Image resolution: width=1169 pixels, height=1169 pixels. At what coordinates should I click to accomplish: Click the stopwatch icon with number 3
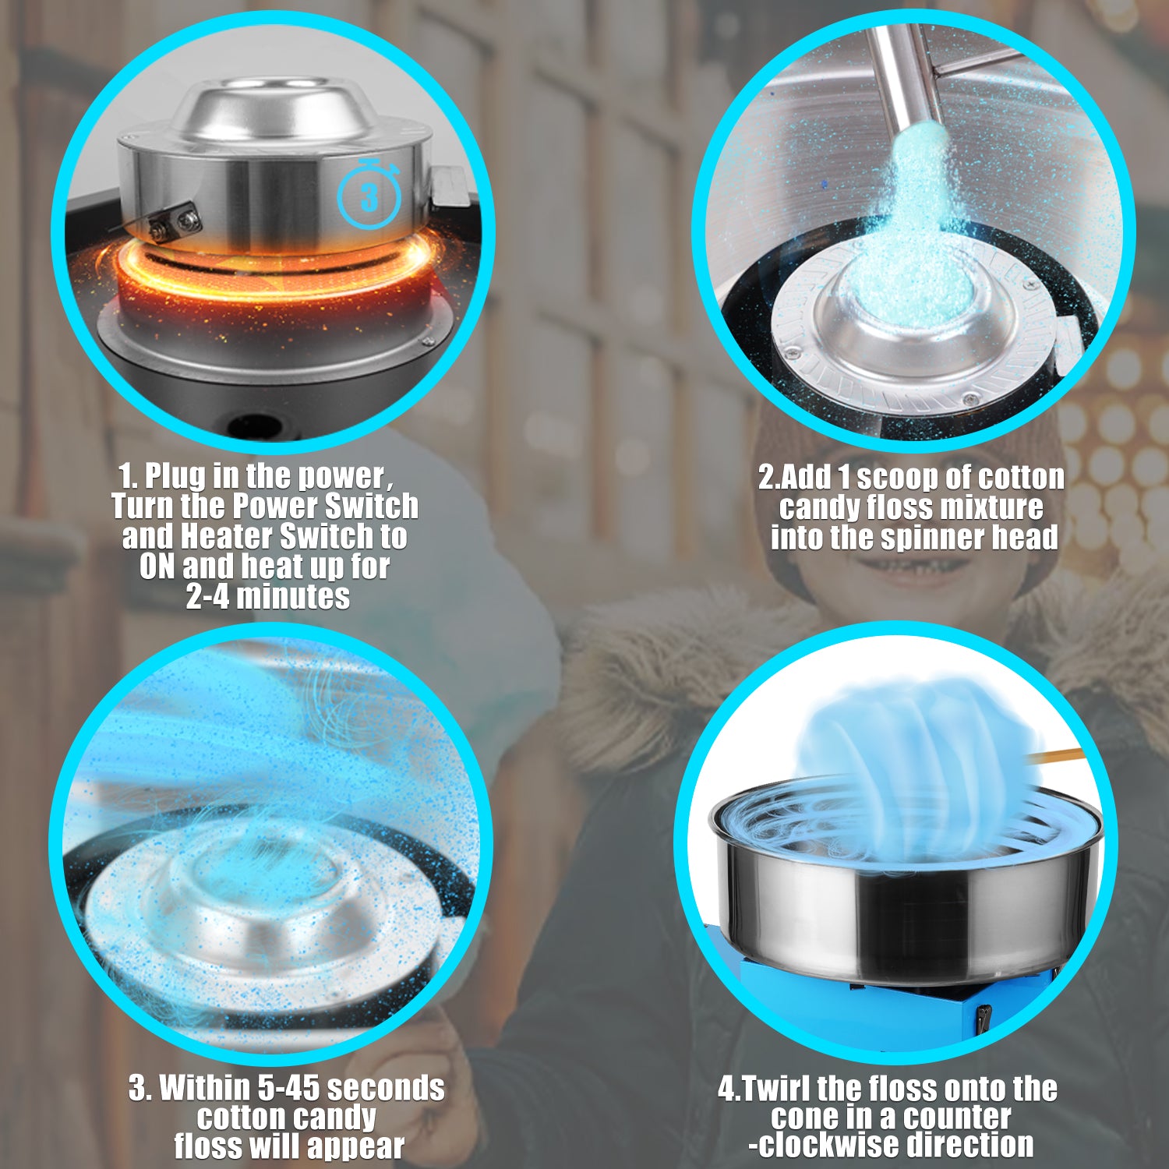pos(369,193)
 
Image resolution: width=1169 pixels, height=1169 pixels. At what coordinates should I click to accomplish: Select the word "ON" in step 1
pos(157,567)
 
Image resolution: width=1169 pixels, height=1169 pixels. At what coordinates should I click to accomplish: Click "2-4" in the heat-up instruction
pos(207,597)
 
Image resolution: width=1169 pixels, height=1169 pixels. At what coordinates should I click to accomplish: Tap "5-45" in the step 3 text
pos(288,1088)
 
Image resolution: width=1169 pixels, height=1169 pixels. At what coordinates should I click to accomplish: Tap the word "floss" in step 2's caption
pos(899,507)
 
